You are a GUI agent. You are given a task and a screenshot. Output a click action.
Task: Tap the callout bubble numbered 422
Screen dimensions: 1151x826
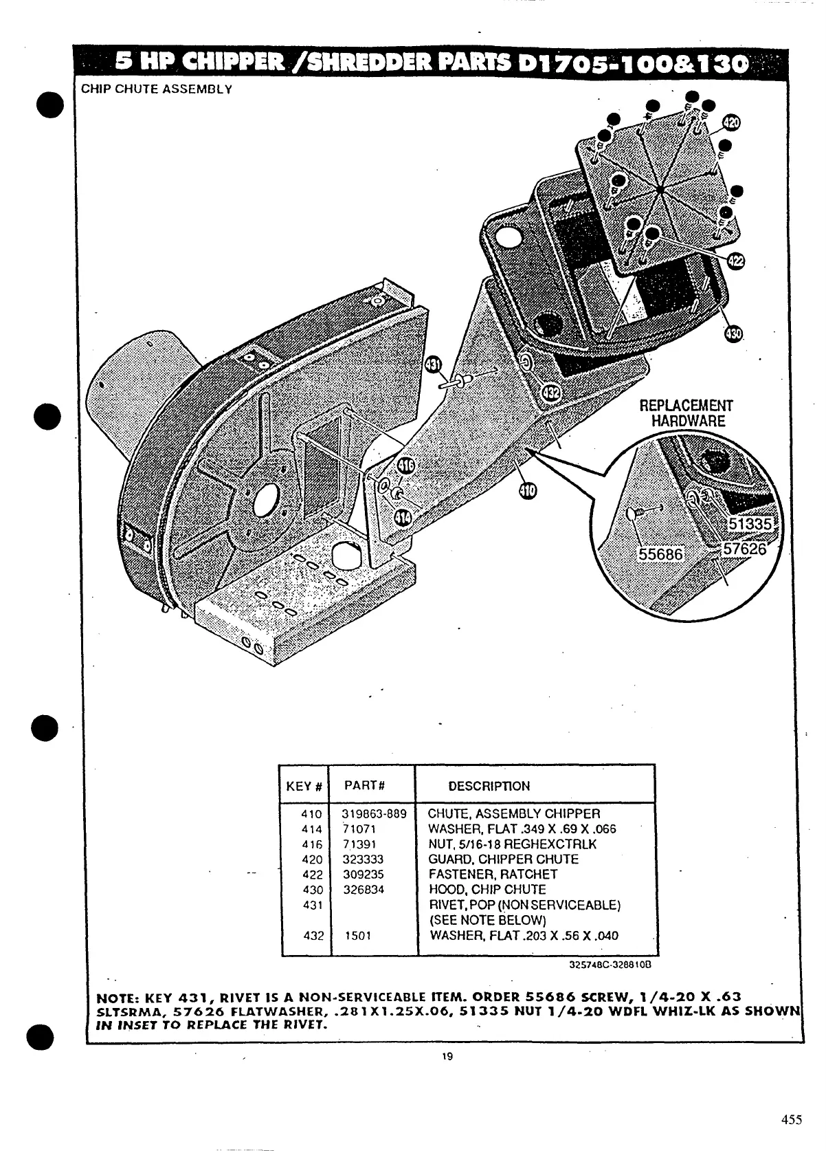(735, 261)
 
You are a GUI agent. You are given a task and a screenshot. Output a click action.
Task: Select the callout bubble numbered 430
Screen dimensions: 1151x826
(733, 334)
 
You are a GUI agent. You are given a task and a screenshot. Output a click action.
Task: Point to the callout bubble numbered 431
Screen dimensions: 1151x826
(434, 366)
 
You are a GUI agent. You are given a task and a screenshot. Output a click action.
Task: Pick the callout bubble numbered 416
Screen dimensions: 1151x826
(406, 466)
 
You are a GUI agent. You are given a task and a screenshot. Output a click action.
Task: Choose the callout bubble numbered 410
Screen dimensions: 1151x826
(528, 490)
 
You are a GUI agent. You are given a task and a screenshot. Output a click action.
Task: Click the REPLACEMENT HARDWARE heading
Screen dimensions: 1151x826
(687, 413)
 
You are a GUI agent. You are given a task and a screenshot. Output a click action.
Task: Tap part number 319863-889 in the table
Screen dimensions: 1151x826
(375, 814)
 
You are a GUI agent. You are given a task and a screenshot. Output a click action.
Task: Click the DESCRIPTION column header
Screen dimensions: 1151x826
(489, 786)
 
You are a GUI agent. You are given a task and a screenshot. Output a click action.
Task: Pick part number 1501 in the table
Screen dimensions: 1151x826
(357, 936)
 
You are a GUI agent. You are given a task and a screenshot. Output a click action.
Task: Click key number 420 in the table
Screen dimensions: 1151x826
(312, 859)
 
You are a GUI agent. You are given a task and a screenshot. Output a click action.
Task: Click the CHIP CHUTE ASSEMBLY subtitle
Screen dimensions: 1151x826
(157, 89)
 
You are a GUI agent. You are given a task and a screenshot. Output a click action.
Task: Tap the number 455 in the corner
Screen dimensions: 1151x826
(792, 1119)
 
